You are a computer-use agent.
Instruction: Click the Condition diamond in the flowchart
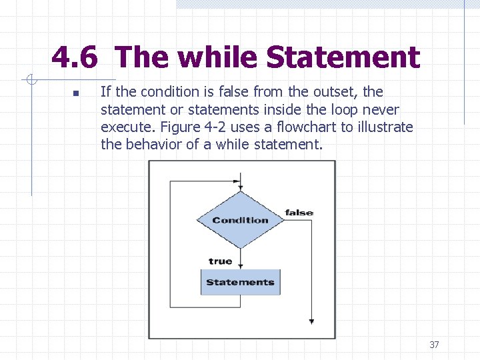[x=241, y=220]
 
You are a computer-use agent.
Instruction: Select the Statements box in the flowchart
[x=241, y=282]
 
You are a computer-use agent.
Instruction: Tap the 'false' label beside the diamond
[x=299, y=213]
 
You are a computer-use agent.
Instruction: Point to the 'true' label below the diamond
[x=220, y=261]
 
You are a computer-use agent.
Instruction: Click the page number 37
[x=434, y=345]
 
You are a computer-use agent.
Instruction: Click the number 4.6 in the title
[x=75, y=58]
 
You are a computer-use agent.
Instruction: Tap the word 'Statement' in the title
[x=343, y=58]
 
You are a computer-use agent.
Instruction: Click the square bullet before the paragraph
[x=76, y=93]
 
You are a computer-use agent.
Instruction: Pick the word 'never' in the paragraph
[x=381, y=109]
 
